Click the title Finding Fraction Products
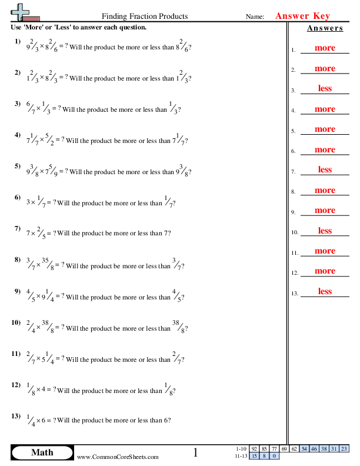145,16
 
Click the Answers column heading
325,28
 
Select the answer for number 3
325,88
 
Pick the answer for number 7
325,169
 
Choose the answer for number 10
325,231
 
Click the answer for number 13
325,291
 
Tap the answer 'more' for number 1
325,48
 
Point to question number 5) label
18,166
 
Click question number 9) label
18,291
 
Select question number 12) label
18,385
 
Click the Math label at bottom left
42,452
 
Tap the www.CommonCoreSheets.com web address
118,457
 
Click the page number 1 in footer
196,452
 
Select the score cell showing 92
254,449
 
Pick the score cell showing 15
254,455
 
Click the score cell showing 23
344,449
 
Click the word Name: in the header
254,17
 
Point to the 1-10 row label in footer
241,449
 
